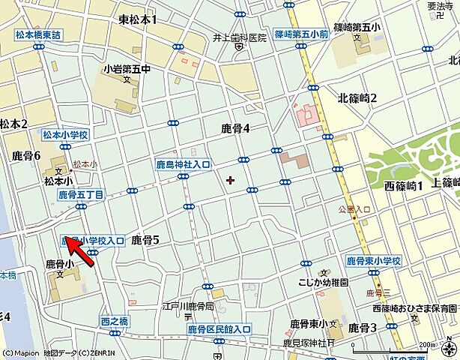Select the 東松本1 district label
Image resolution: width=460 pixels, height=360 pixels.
pyautogui.click(x=138, y=19)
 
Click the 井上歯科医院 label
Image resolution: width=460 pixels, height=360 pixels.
pyautogui.click(x=239, y=37)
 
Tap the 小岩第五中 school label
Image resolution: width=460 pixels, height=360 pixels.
pyautogui.click(x=127, y=69)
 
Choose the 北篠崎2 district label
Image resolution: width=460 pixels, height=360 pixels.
pyautogui.click(x=357, y=98)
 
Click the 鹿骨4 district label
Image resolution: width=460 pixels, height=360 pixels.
pyautogui.click(x=236, y=128)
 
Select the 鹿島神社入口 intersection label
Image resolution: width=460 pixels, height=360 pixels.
pyautogui.click(x=184, y=163)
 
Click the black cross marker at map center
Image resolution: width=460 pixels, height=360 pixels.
pyautogui.click(x=230, y=179)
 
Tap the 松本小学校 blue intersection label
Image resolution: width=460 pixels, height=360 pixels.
pyautogui.click(x=65, y=134)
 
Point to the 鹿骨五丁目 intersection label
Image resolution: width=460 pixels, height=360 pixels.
pyautogui.click(x=81, y=194)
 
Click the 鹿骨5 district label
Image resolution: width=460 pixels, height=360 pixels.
pyautogui.click(x=145, y=240)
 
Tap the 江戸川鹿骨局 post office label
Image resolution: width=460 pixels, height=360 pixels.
pyautogui.click(x=189, y=307)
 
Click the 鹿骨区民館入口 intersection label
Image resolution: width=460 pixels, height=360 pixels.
pyautogui.click(x=219, y=329)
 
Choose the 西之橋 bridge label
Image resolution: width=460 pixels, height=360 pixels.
pyautogui.click(x=115, y=321)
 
